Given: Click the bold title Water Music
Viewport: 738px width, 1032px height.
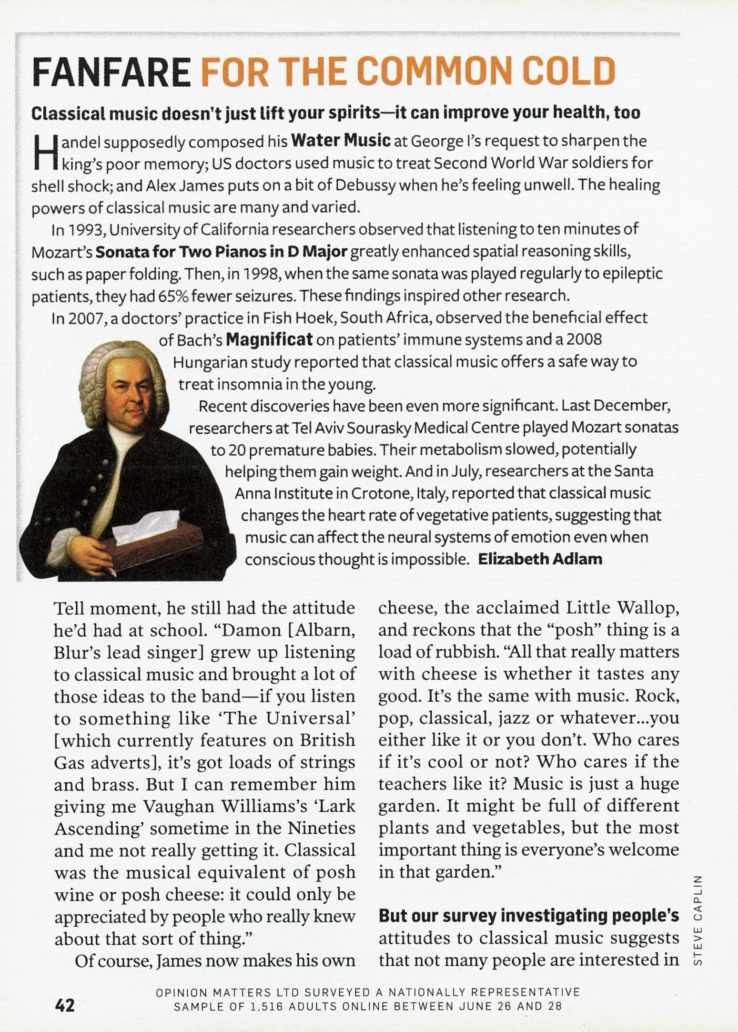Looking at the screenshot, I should point(341,141).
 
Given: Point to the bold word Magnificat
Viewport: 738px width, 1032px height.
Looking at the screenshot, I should point(269,340).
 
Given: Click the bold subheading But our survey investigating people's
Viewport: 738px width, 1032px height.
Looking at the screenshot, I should point(528,916).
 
